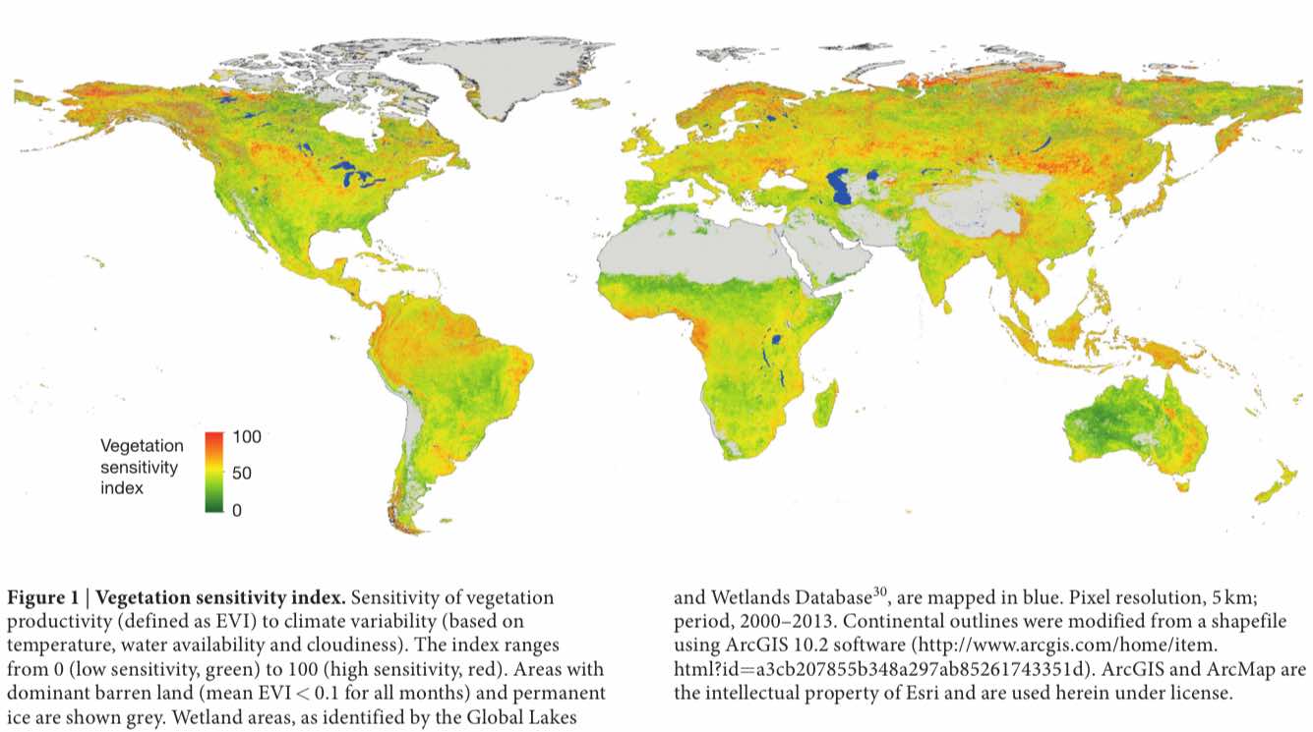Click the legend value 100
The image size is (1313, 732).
click(248, 435)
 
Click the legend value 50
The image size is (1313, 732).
click(243, 473)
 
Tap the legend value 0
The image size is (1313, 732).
click(237, 510)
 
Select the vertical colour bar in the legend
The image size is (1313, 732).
click(214, 472)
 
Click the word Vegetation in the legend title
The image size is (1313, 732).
click(142, 446)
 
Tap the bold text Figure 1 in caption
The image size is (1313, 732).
click(45, 598)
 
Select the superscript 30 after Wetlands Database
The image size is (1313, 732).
click(880, 592)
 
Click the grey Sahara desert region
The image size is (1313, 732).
click(688, 246)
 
